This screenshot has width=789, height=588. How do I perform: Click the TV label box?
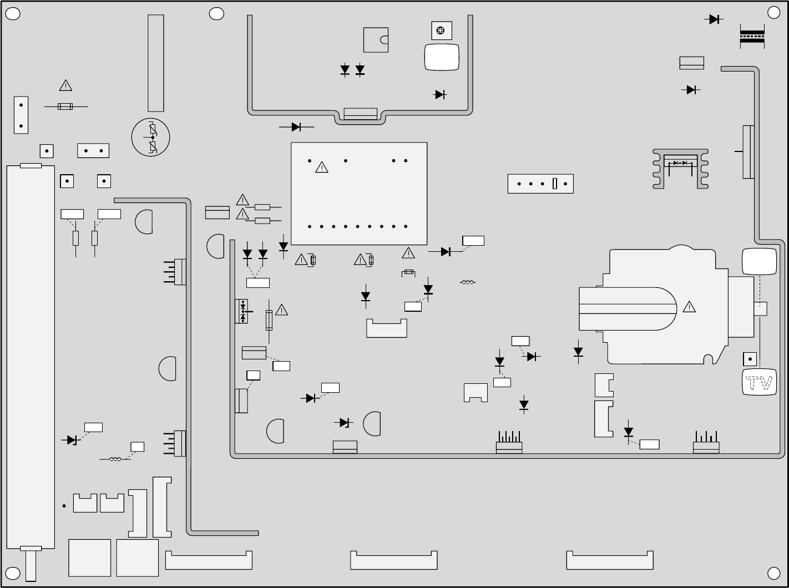point(759,382)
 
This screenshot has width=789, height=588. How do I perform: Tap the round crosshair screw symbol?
point(441,31)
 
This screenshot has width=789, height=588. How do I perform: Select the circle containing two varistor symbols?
point(150,137)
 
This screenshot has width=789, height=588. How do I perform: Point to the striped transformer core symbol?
point(752,36)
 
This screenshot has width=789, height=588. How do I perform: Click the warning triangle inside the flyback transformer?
point(689,307)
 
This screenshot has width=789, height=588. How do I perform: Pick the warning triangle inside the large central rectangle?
point(322,167)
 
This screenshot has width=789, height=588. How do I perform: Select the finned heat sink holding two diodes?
point(681,168)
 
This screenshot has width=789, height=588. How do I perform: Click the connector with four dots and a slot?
point(540,184)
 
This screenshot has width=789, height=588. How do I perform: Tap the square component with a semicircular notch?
point(376,40)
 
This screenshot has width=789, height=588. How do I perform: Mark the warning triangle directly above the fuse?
point(66,86)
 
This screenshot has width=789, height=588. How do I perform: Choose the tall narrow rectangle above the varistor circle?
point(156,63)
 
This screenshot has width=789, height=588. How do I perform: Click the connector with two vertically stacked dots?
point(21,115)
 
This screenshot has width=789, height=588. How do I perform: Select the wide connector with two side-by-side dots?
point(93,150)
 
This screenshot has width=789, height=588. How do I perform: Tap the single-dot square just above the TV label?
point(750,359)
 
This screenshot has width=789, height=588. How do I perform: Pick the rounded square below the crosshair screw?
point(442,57)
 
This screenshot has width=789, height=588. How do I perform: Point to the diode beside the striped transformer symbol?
point(714,19)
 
